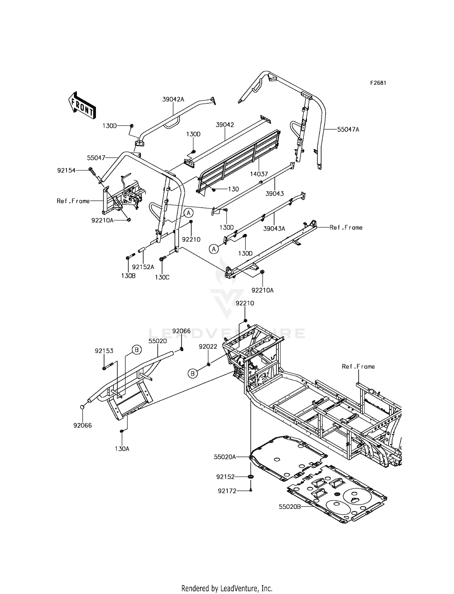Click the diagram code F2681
[x=378, y=83]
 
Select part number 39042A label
[x=173, y=99]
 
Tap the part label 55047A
[x=348, y=129]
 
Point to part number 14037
[x=259, y=174]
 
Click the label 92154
[x=66, y=170]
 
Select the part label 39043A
[x=274, y=229]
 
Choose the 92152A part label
[x=143, y=267]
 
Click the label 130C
[x=162, y=277]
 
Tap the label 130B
[x=128, y=276]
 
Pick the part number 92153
[x=104, y=351]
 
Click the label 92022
[x=208, y=347]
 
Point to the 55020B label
[x=290, y=507]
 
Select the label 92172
[x=227, y=490]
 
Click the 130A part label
[x=122, y=449]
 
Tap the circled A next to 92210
[x=189, y=213]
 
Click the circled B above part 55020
[x=137, y=350]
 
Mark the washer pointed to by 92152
[x=251, y=477]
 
